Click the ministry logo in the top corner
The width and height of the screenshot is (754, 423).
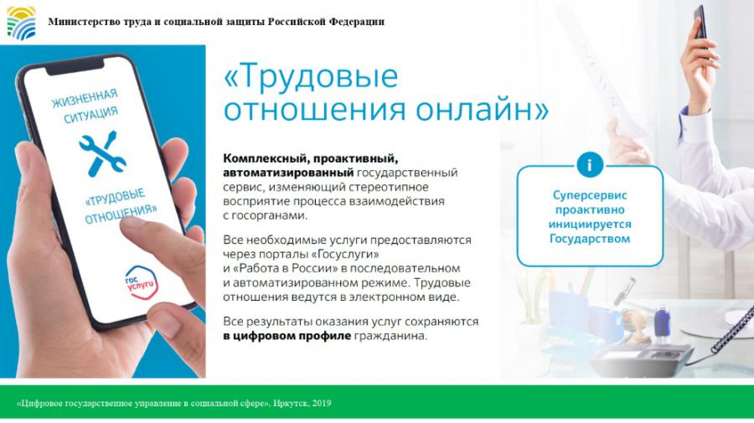21,23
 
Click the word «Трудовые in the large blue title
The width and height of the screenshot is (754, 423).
311,76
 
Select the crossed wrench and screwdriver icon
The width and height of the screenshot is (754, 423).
103,152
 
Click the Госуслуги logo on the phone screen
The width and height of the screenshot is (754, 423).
142,282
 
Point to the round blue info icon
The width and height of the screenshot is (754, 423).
590,165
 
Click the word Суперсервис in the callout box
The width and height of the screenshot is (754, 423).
590,196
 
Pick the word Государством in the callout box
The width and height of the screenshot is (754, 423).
590,239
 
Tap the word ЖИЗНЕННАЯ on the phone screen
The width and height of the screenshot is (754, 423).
85,99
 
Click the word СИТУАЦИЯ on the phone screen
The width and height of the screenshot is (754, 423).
90,115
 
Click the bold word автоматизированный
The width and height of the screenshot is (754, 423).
288,173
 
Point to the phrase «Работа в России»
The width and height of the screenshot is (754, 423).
282,268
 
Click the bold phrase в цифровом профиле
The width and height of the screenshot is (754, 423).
287,336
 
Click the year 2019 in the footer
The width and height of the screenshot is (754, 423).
321,403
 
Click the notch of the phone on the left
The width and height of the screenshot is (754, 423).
75,67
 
